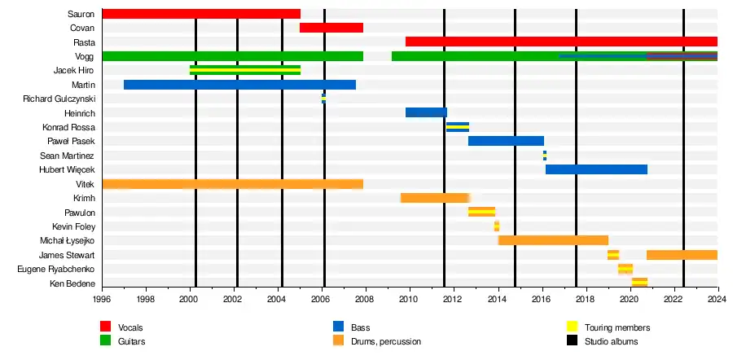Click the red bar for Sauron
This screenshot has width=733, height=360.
[201, 14]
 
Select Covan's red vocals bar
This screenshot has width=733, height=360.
[331, 28]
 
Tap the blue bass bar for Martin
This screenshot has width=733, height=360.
[239, 85]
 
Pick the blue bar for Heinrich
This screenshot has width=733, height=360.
[426, 112]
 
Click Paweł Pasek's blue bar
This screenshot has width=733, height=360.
[506, 141]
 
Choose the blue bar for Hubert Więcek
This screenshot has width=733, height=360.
[596, 169]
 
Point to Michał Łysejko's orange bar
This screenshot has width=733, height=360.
[553, 240]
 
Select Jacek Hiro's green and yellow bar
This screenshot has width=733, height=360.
[244, 70]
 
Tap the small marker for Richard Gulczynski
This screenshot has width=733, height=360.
[323, 99]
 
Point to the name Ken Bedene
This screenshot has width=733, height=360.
[73, 283]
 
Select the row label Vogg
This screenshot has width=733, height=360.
[84, 56]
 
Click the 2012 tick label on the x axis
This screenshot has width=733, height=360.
[454, 300]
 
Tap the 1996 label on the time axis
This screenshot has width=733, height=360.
[103, 300]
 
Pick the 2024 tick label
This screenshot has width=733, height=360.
[718, 300]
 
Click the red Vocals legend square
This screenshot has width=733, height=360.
[105, 327]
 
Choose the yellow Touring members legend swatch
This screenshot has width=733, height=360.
[572, 327]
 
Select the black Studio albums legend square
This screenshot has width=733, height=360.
[572, 341]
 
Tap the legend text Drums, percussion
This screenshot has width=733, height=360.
[386, 341]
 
